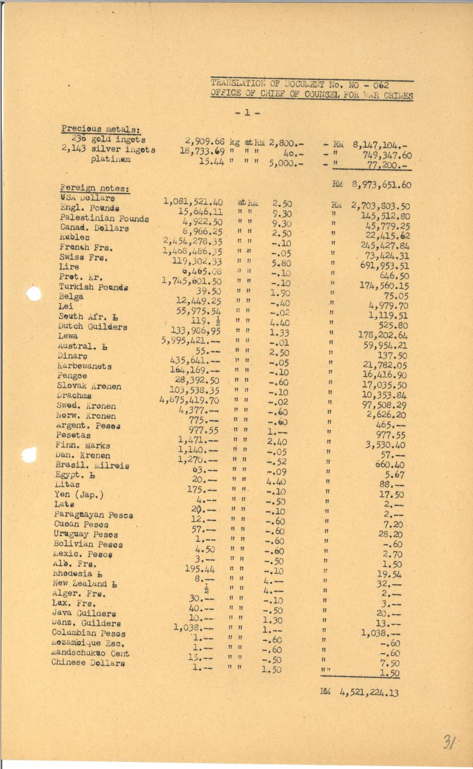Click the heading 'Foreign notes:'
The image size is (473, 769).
tap(95, 189)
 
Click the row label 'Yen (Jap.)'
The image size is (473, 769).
tap(78, 495)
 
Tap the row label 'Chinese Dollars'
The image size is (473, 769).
tap(88, 663)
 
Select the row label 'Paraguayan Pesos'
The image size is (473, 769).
tap(93, 514)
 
